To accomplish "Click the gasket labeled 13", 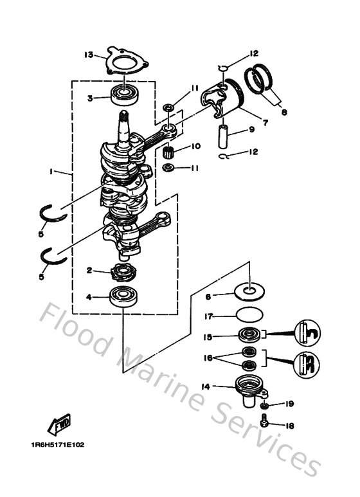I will pyautogui.click(x=125, y=62).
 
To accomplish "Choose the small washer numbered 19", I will pyautogui.click(x=264, y=408).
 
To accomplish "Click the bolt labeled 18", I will pyautogui.click(x=265, y=424).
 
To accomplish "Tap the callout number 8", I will pyautogui.click(x=284, y=111).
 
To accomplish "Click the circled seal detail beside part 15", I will pyautogui.click(x=307, y=334).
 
